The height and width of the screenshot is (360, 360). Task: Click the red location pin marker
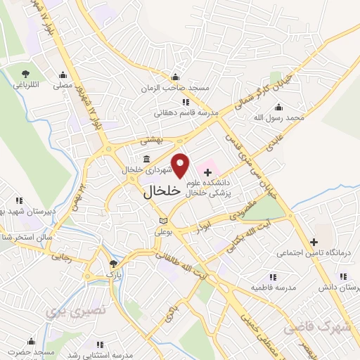coord(181,165)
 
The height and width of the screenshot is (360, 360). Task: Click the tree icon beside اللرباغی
coord(26,73)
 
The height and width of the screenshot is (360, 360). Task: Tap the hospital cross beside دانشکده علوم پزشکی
coord(207,171)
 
